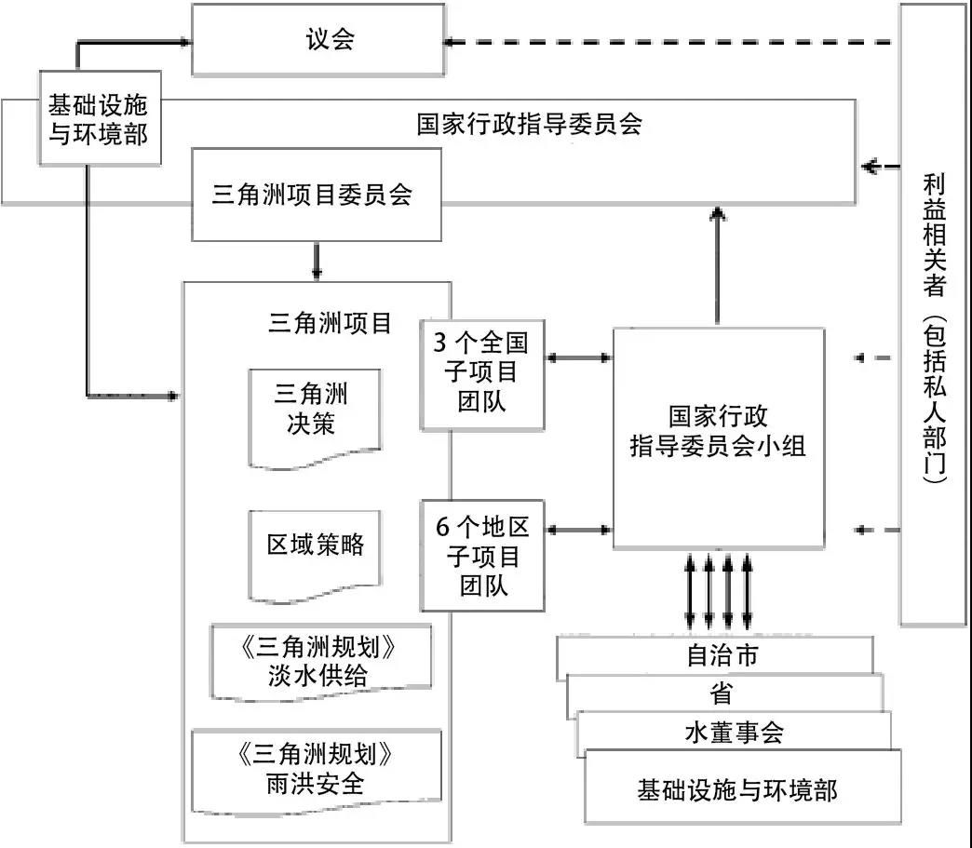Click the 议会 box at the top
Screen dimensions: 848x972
[x=317, y=40]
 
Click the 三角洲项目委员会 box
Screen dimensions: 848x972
[x=316, y=195]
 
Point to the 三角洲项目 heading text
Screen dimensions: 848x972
[x=329, y=324]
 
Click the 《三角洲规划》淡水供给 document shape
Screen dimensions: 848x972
[x=322, y=661]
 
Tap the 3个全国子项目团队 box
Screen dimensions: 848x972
[x=481, y=375]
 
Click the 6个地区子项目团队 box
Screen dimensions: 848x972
[x=481, y=556]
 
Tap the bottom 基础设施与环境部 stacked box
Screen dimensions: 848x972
[x=742, y=789]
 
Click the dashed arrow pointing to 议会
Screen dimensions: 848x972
[x=670, y=41]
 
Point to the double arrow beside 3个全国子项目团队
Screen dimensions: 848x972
[x=578, y=357]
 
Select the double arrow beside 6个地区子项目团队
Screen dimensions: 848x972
[x=578, y=530]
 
